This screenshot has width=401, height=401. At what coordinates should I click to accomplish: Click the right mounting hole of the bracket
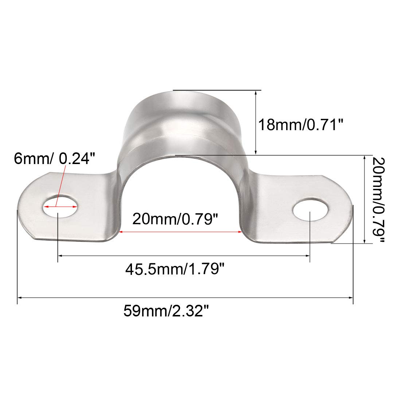[310, 210]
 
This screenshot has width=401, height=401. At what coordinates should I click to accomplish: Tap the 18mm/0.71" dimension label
[301, 125]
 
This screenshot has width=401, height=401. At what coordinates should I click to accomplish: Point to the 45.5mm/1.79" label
[175, 269]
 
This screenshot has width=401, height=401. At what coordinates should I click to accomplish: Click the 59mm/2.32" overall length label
[166, 311]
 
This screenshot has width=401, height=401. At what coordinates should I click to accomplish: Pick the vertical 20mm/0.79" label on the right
[378, 200]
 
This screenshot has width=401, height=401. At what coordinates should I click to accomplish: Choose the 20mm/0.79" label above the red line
[175, 219]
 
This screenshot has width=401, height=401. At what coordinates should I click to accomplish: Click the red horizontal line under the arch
[180, 232]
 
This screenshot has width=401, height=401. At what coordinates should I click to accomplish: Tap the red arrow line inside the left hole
[61, 206]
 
